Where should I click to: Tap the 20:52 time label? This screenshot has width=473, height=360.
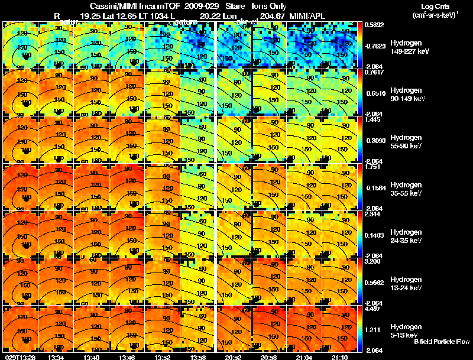point(235,356)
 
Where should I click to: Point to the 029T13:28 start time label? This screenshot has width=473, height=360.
point(19,356)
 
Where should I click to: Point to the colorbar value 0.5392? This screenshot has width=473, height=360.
point(375,25)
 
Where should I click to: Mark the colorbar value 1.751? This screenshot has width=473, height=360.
point(375,167)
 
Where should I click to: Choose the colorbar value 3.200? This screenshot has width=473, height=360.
point(375,260)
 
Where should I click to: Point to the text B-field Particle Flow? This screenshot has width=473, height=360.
point(442,342)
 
